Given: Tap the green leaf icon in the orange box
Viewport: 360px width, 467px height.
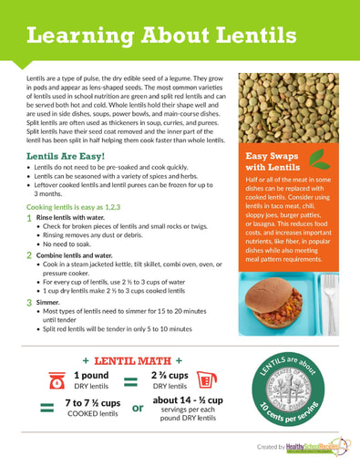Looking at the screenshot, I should point(319,161).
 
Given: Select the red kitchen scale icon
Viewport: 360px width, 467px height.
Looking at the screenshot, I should point(56,380).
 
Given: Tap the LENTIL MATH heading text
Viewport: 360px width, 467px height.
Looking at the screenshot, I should point(138,360).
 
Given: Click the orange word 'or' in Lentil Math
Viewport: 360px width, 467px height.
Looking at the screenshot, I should point(139,409).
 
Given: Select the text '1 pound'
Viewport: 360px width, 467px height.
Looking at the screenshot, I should point(91,375).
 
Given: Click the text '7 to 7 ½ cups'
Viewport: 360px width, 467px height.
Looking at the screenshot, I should point(93,403).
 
